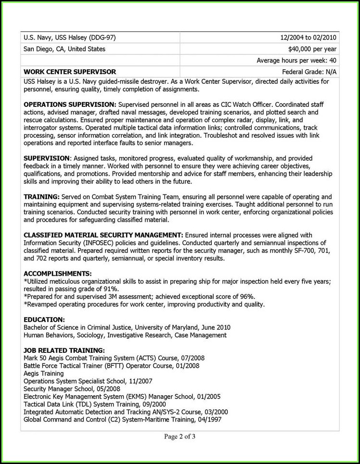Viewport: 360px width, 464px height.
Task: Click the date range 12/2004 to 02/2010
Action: [308, 38]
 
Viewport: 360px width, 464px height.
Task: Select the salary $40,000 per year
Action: [312, 49]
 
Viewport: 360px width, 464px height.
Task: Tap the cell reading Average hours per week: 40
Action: [296, 60]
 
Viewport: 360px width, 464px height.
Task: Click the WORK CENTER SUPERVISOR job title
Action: [70, 72]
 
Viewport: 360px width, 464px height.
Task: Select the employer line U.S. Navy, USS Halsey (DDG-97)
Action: [70, 38]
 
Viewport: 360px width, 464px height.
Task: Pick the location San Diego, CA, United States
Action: [64, 49]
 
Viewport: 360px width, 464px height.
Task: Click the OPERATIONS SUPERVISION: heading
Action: [70, 104]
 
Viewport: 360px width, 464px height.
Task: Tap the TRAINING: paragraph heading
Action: [41, 196]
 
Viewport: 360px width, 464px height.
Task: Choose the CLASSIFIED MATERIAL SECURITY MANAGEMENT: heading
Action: [103, 234]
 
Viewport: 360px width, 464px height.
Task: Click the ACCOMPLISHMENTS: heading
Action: [57, 273]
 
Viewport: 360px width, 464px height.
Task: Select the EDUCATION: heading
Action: [44, 319]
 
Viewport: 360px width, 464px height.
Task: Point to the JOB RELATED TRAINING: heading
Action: [64, 350]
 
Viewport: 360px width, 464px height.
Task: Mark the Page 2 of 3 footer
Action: [180, 437]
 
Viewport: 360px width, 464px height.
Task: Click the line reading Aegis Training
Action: [43, 374]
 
